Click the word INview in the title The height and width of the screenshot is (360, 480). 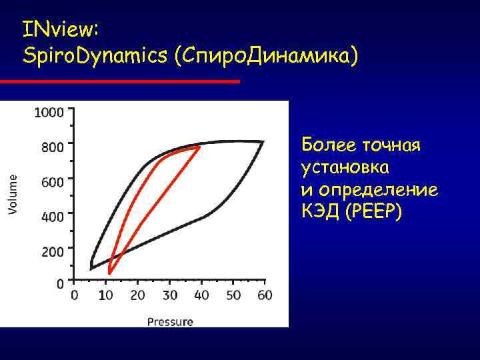click(x=60, y=29)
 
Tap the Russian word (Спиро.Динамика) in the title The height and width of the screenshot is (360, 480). click(x=266, y=56)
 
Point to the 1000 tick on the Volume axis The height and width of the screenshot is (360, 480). click(x=49, y=112)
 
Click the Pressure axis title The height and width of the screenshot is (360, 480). click(x=170, y=321)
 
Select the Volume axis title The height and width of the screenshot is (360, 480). click(x=14, y=194)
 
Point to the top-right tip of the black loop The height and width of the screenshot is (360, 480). click(x=263, y=142)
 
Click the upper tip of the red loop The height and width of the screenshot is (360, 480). click(x=199, y=147)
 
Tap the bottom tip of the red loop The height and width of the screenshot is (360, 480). click(x=110, y=273)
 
